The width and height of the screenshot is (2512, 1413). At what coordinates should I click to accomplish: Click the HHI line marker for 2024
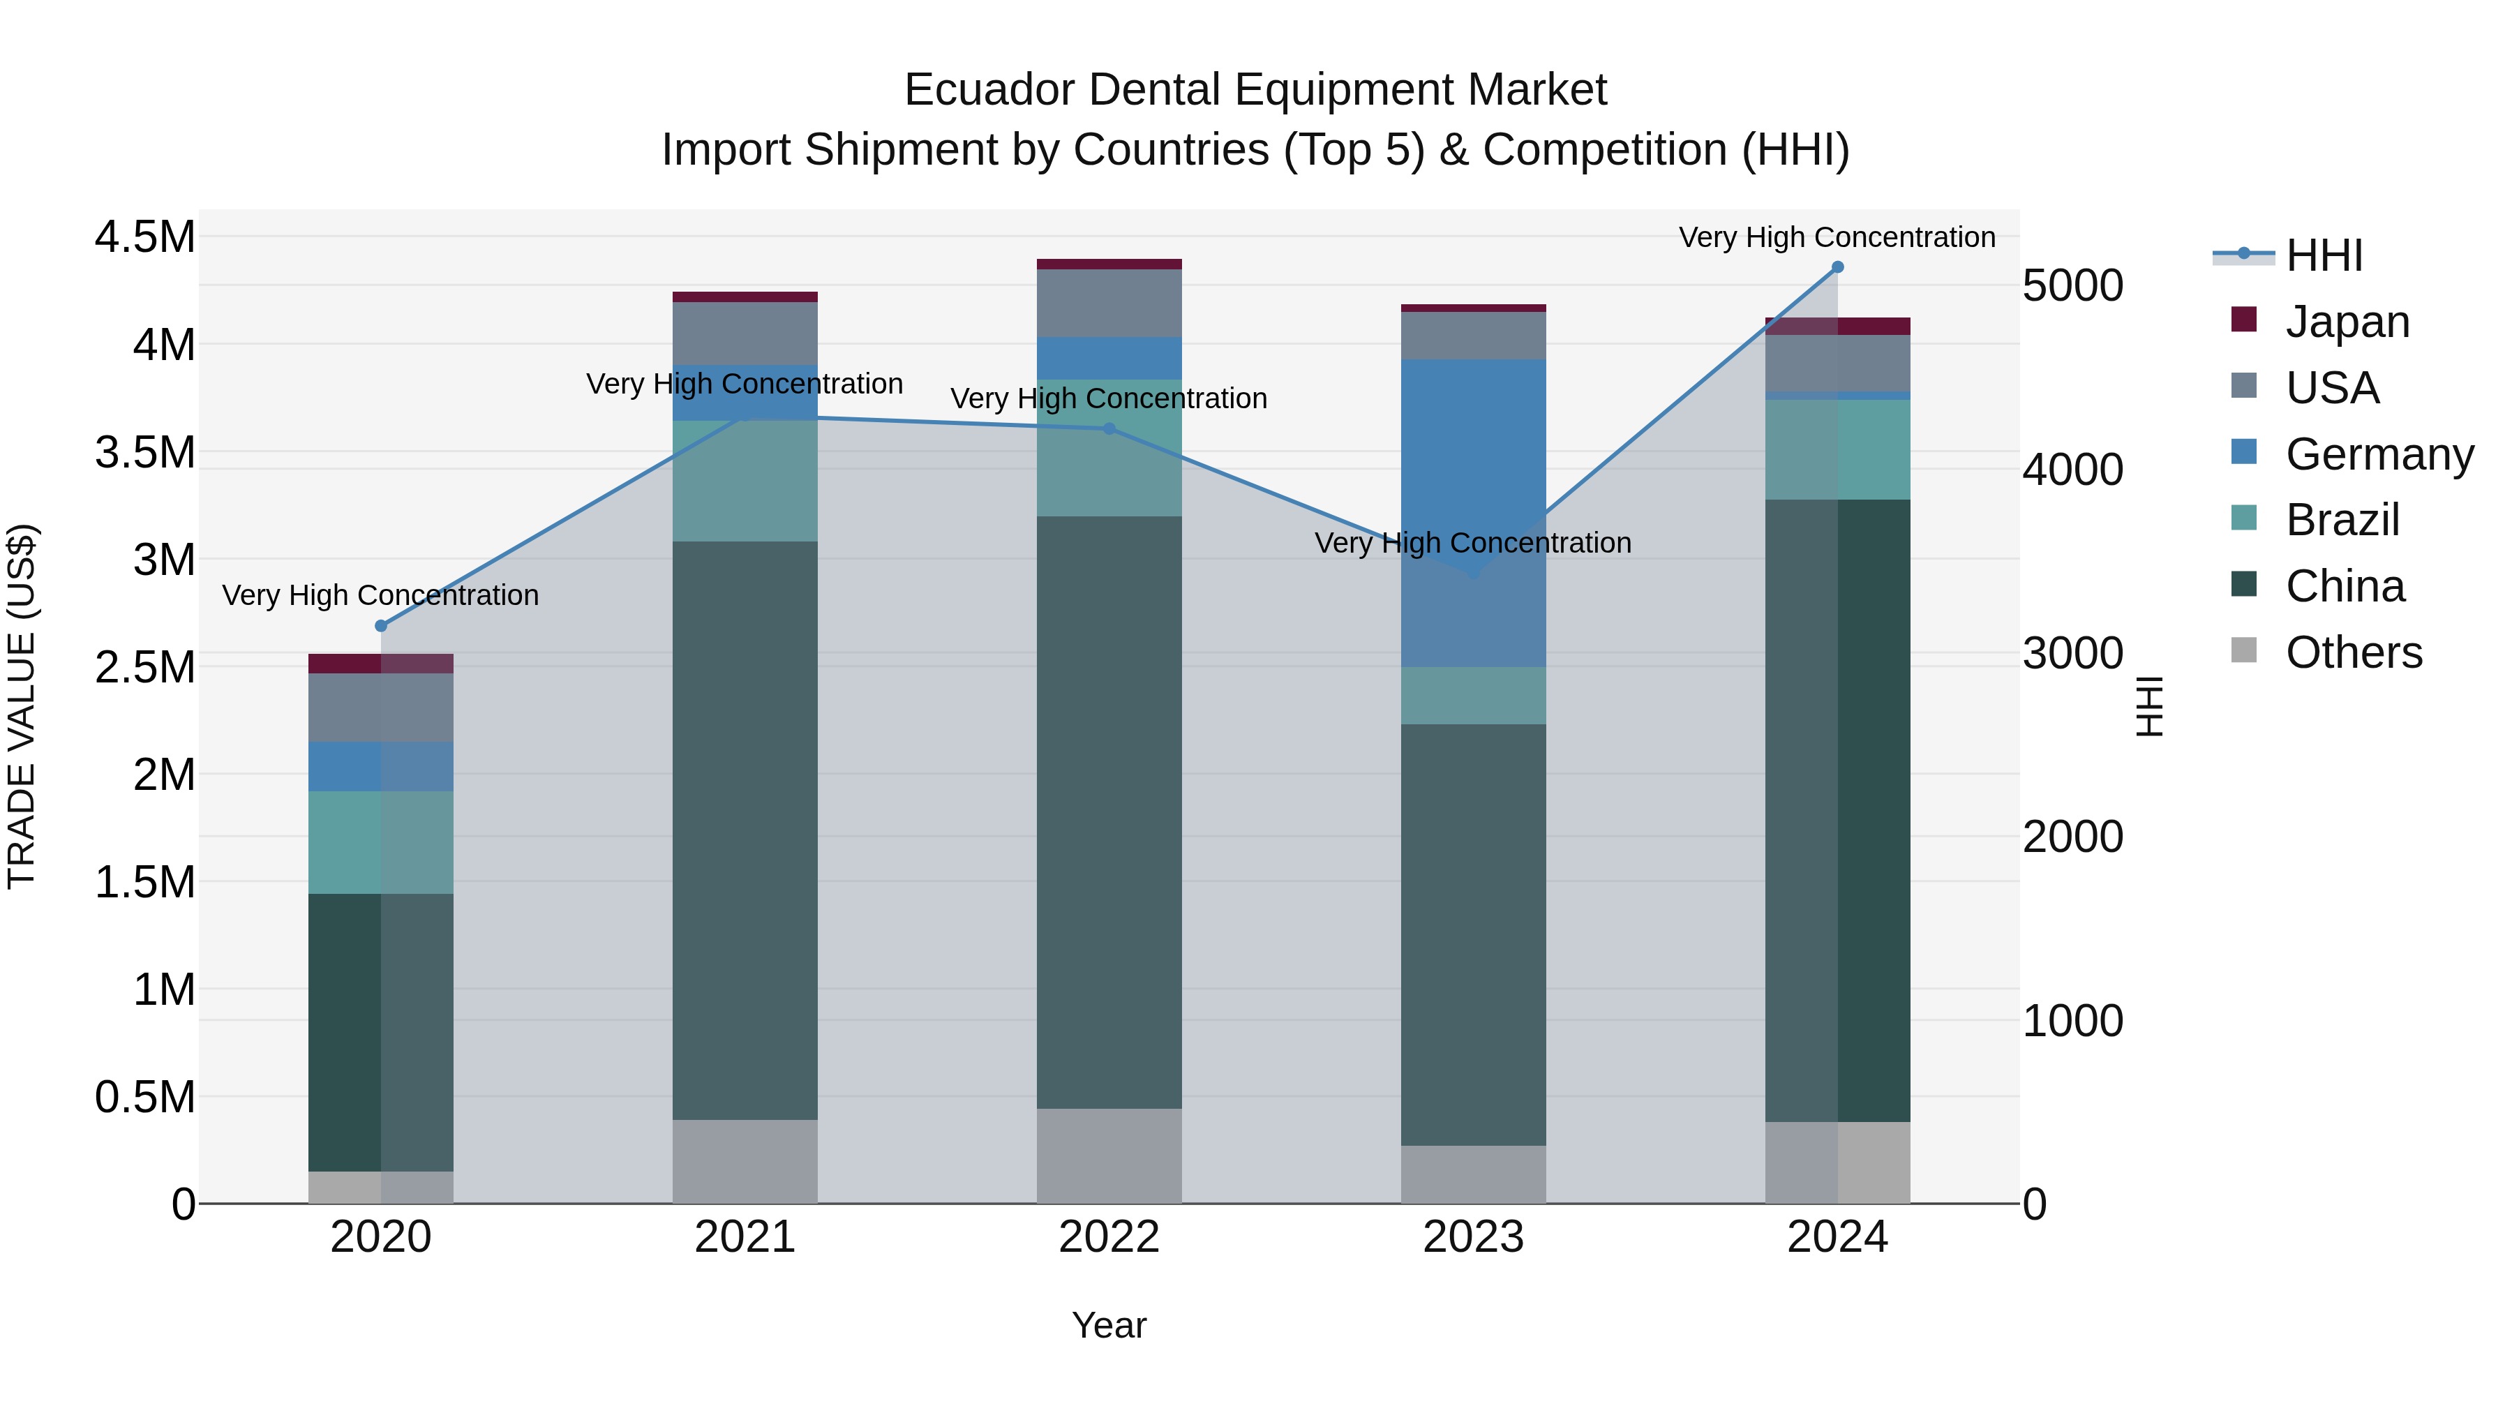pyautogui.click(x=1837, y=267)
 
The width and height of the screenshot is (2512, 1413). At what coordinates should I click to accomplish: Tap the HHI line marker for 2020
pyautogui.click(x=381, y=626)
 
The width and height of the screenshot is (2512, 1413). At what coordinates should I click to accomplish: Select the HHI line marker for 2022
pyautogui.click(x=1109, y=429)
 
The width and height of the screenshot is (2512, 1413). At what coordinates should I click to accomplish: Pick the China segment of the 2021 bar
pyautogui.click(x=745, y=829)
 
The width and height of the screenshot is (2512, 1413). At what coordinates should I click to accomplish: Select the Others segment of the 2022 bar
pyautogui.click(x=1109, y=1156)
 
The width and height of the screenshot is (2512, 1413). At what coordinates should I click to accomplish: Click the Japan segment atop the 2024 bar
pyautogui.click(x=1837, y=326)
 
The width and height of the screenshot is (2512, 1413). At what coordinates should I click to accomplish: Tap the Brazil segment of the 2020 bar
pyautogui.click(x=381, y=842)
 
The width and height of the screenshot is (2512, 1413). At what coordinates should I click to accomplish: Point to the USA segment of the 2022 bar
pyautogui.click(x=1109, y=304)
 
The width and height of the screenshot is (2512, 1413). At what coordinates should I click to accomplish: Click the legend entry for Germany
pyautogui.click(x=2379, y=454)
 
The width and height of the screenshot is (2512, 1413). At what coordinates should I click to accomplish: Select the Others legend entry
pyautogui.click(x=2353, y=652)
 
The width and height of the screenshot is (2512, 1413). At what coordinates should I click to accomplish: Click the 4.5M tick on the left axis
pyautogui.click(x=144, y=237)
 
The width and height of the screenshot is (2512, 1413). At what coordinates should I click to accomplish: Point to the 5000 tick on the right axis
pyautogui.click(x=2072, y=285)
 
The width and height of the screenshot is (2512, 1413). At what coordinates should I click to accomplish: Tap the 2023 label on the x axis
pyautogui.click(x=1474, y=1237)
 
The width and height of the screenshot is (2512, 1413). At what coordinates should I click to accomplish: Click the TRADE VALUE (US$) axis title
pyautogui.click(x=22, y=706)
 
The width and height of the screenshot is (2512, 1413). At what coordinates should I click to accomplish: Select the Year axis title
pyautogui.click(x=1109, y=1325)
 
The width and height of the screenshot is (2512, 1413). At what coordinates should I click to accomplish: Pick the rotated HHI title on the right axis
pyautogui.click(x=2148, y=706)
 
